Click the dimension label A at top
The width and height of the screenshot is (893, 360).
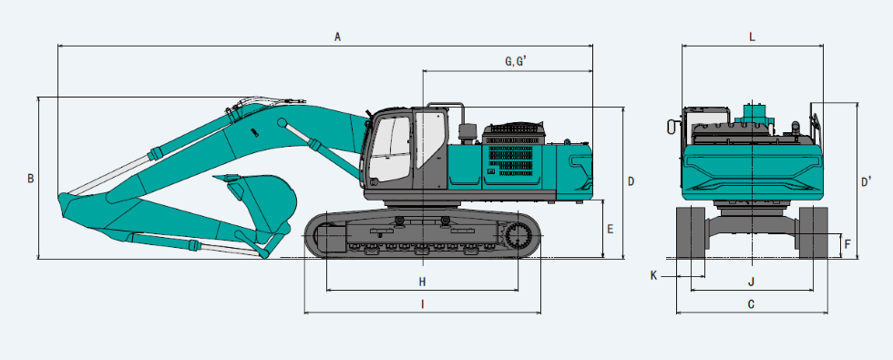(337, 37)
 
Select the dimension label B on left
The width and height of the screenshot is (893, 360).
(31, 179)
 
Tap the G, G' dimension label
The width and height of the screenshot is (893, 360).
(516, 61)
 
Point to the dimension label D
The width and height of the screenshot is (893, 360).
(631, 181)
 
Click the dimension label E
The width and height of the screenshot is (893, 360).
(611, 229)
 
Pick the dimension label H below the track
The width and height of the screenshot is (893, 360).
(422, 282)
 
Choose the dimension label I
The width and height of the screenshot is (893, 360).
(423, 304)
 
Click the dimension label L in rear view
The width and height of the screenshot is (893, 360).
(752, 37)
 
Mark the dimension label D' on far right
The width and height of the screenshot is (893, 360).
(867, 181)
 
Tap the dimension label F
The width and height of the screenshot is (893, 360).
(847, 244)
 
